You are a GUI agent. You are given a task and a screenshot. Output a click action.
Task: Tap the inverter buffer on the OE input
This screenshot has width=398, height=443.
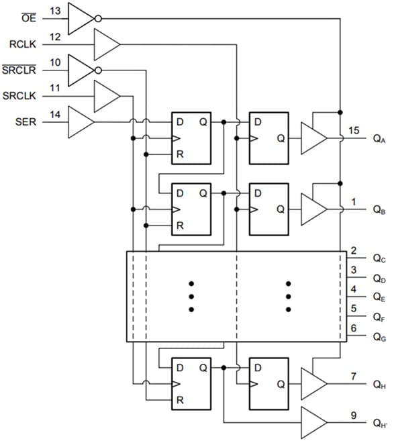tap(82, 18)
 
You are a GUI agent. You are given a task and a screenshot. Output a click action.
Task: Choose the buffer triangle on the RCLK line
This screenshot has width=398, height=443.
tap(106, 44)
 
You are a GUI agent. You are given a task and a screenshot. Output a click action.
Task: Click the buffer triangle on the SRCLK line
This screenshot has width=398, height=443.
tap(106, 96)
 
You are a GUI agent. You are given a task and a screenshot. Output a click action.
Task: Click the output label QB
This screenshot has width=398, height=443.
tap(379, 209)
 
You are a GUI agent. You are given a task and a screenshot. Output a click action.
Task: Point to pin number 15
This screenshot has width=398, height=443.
tap(354, 130)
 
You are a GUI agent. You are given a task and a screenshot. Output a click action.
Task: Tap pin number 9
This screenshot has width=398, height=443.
tap(354, 414)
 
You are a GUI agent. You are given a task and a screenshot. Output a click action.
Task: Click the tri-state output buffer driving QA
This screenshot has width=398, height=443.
tap(313, 138)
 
